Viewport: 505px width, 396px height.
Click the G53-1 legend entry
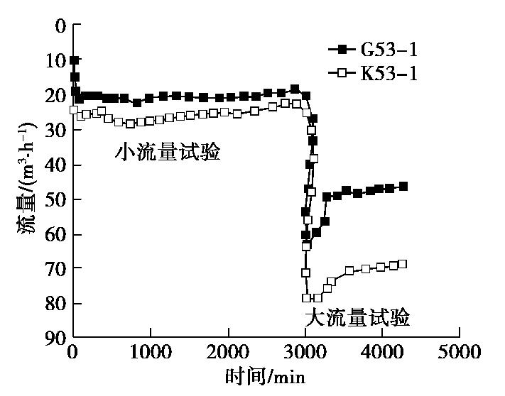point(372,50)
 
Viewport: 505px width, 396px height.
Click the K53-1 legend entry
point(372,72)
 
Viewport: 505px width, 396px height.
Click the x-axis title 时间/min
point(266,376)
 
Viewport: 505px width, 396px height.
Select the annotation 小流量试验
point(168,152)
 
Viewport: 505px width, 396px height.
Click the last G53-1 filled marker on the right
point(403,186)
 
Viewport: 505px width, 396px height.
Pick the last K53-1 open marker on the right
point(403,264)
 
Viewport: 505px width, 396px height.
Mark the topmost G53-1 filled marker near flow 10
point(75,60)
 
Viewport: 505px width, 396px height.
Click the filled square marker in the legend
point(343,50)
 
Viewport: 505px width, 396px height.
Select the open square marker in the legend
point(343,72)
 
